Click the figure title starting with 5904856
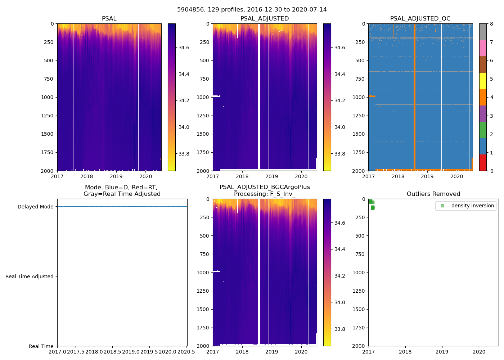[x=252, y=10]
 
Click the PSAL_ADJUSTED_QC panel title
[x=420, y=19]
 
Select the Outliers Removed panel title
[x=433, y=194]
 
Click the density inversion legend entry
[x=472, y=206]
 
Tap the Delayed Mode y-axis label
[x=35, y=207]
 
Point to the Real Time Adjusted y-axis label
[x=30, y=276]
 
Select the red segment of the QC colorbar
[x=483, y=163]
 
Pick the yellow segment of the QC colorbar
[x=483, y=81]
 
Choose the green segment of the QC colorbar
[x=483, y=130]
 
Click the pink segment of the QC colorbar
[x=483, y=48]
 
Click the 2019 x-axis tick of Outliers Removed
[x=442, y=351]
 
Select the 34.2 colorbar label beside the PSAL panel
[x=184, y=100]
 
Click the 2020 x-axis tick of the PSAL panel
[x=145, y=176]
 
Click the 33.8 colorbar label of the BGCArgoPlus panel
[x=339, y=329]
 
